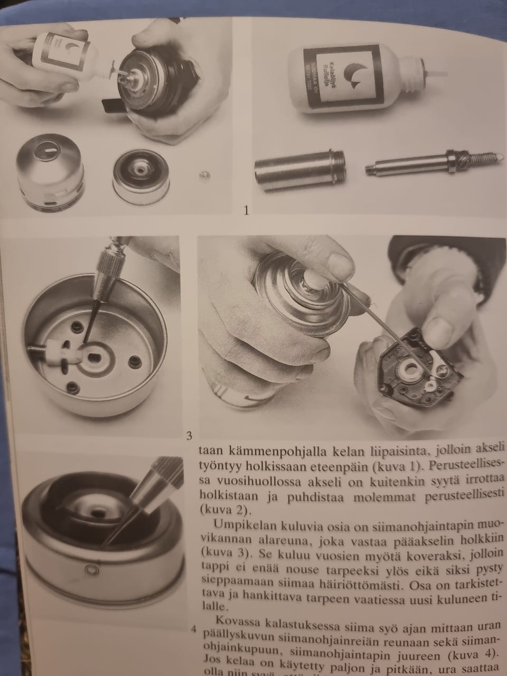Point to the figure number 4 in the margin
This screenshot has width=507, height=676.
tap(194, 629)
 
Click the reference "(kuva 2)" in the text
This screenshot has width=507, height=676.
tap(217, 510)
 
